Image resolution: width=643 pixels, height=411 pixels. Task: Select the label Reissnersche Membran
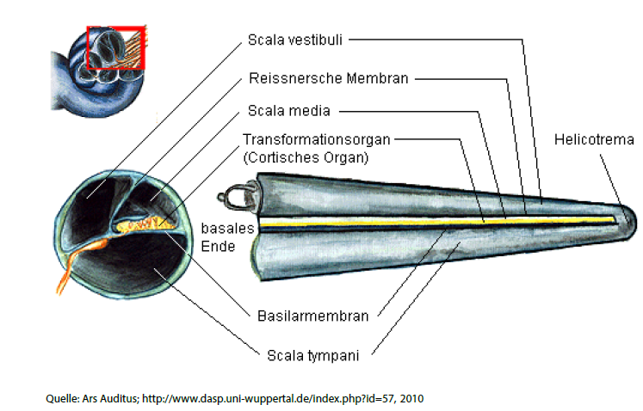(328, 78)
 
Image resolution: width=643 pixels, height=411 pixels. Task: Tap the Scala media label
(288, 110)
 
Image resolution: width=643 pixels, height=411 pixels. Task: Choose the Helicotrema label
(593, 138)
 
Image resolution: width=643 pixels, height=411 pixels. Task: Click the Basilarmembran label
(312, 316)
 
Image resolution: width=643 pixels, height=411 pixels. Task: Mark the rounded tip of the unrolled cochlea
(628, 210)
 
